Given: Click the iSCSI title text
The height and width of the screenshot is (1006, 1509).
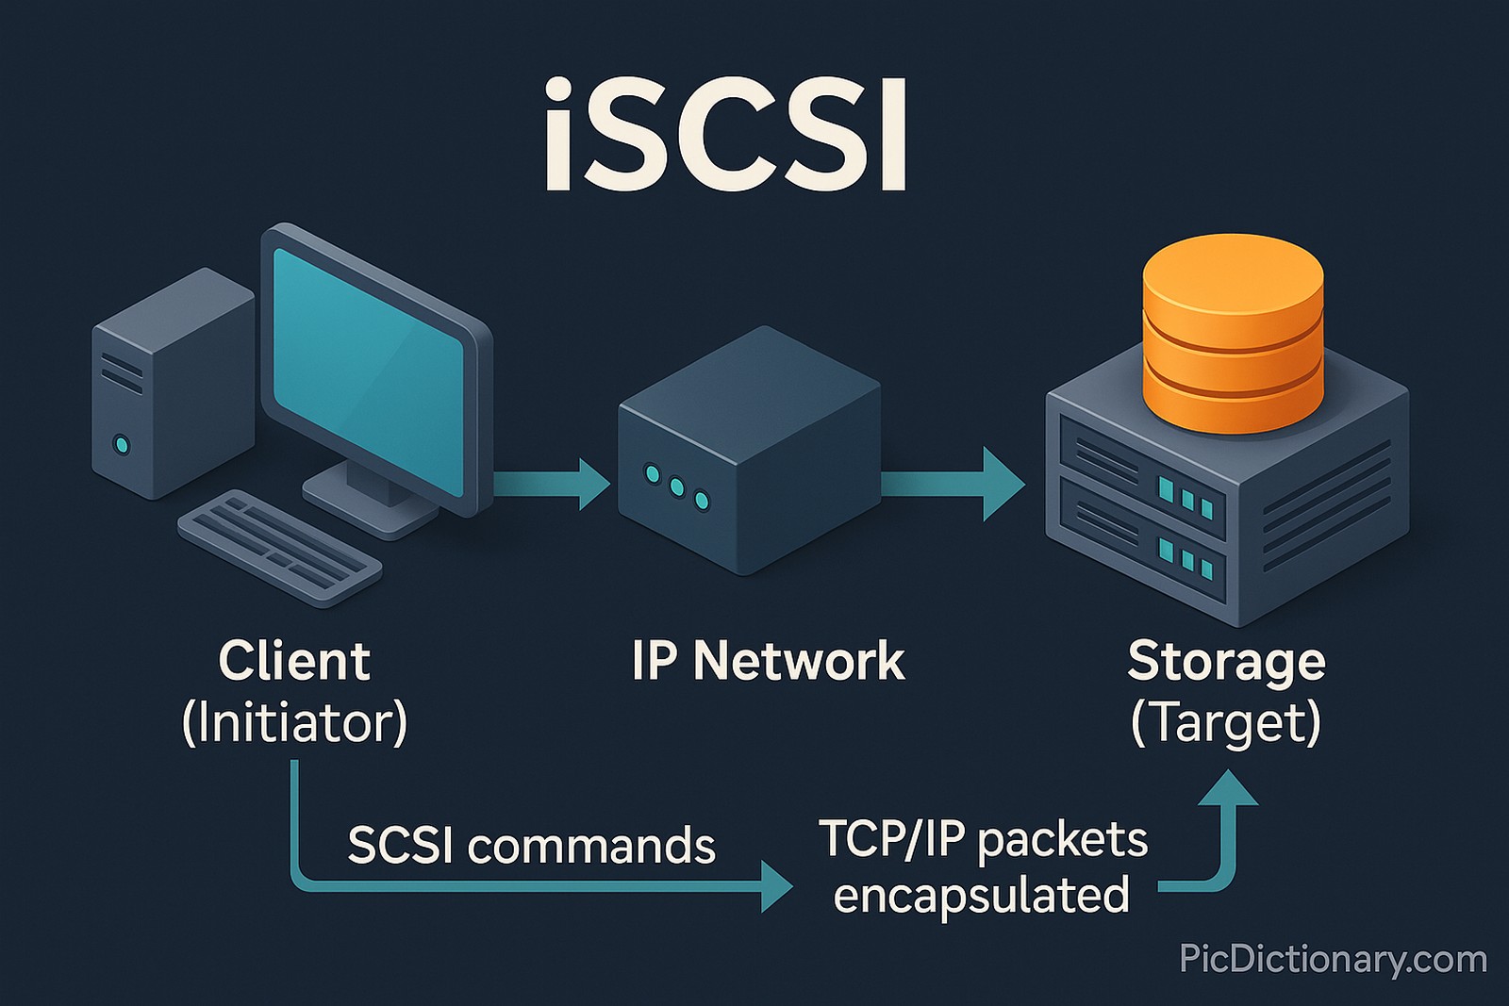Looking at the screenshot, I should click(724, 137).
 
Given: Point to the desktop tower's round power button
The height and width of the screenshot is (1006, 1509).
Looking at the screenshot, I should click(120, 444).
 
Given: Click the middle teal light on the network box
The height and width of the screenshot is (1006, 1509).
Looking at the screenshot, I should click(677, 487).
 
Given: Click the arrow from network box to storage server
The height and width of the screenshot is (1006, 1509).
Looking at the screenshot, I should click(953, 485).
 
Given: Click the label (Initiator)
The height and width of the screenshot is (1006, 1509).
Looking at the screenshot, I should click(293, 722).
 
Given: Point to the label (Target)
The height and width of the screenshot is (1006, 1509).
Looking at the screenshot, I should click(1226, 722).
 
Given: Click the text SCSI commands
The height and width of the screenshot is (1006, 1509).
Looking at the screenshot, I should click(531, 845).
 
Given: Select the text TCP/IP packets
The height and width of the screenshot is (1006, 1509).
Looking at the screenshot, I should click(983, 839).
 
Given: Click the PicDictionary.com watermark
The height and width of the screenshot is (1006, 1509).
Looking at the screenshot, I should click(1333, 960).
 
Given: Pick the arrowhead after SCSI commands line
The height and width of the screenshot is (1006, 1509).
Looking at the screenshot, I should click(776, 886).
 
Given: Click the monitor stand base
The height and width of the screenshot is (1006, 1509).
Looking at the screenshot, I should click(370, 504).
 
